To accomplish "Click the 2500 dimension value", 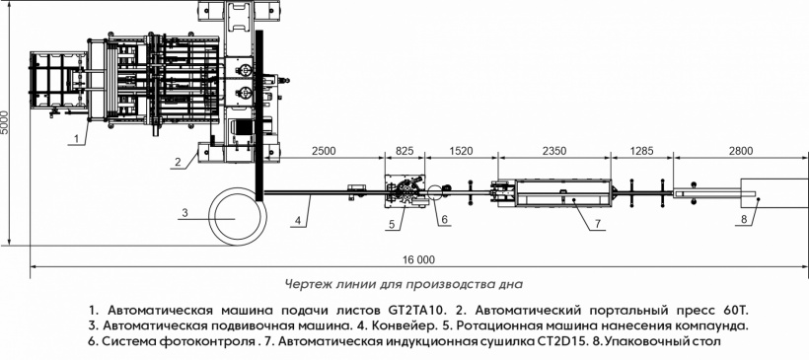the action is (x=324, y=151).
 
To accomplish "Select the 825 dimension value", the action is (x=405, y=151).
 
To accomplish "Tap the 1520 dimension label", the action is (x=461, y=151).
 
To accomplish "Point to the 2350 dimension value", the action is (x=554, y=151).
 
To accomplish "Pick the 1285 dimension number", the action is (x=642, y=151).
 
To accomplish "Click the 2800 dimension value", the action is (x=741, y=151).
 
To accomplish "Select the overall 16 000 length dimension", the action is (x=418, y=260).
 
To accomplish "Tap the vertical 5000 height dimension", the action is (x=5, y=122).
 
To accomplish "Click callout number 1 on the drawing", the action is (x=76, y=138).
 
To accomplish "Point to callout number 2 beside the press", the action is (x=178, y=162).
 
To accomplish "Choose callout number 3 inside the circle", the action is (x=183, y=212).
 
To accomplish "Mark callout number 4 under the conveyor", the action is (x=298, y=221).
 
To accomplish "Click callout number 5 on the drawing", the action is (x=392, y=224).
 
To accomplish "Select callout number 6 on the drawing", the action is (x=444, y=219).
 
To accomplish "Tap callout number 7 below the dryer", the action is (x=598, y=223).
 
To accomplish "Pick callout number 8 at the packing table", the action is (x=744, y=219).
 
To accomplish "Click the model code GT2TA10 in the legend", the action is (x=414, y=311).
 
